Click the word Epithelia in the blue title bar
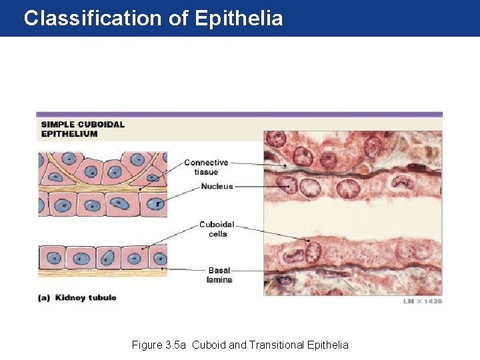tap(239, 18)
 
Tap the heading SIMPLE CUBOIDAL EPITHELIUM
tap(82, 129)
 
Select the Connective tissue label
tap(206, 167)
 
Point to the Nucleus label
tap(217, 187)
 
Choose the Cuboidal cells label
tap(217, 229)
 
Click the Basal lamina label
tap(219, 275)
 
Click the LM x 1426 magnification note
tap(422, 301)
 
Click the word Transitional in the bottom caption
tap(279, 345)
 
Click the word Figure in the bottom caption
tap(146, 345)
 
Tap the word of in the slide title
tap(178, 18)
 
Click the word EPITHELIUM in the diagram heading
tap(69, 133)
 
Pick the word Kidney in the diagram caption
tap(70, 297)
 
